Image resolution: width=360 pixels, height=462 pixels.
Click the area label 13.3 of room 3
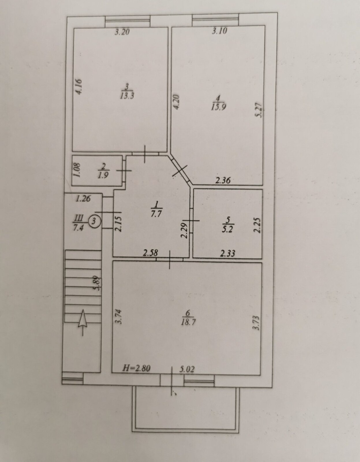pyautogui.click(x=127, y=96)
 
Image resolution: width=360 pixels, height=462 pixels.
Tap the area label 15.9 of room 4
pyautogui.click(x=219, y=107)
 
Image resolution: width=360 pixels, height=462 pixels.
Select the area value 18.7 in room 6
pyautogui.click(x=188, y=322)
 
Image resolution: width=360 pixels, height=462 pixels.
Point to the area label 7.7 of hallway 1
pyautogui.click(x=156, y=214)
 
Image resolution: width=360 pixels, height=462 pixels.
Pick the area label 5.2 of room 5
pyautogui.click(x=227, y=230)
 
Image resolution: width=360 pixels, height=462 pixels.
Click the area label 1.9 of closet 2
pyautogui.click(x=103, y=175)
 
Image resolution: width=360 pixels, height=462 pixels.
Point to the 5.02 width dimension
pyautogui.click(x=187, y=369)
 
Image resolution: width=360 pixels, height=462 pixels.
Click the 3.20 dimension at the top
pyautogui.click(x=122, y=32)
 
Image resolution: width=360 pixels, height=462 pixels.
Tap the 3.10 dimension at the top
pyautogui.click(x=219, y=31)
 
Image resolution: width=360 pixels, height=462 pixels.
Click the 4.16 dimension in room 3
pyautogui.click(x=79, y=87)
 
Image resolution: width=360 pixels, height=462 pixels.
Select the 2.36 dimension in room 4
pyautogui.click(x=223, y=181)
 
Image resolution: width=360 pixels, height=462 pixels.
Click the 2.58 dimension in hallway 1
pyautogui.click(x=150, y=253)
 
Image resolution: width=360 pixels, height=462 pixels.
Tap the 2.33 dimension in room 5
pyautogui.click(x=227, y=253)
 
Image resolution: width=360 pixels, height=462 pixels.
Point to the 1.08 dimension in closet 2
pyautogui.click(x=77, y=170)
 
